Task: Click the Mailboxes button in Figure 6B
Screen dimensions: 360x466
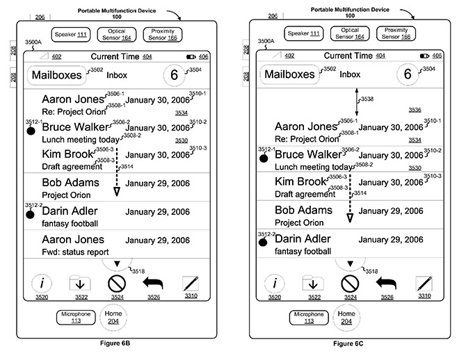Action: (56, 75)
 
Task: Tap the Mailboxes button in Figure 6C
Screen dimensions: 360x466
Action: (289, 75)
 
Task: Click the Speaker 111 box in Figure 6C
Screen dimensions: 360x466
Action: (301, 33)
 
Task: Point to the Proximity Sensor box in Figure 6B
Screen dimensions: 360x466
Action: (162, 33)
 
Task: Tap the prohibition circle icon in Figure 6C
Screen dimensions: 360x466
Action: (350, 284)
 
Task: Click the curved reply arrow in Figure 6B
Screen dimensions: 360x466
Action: (153, 283)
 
